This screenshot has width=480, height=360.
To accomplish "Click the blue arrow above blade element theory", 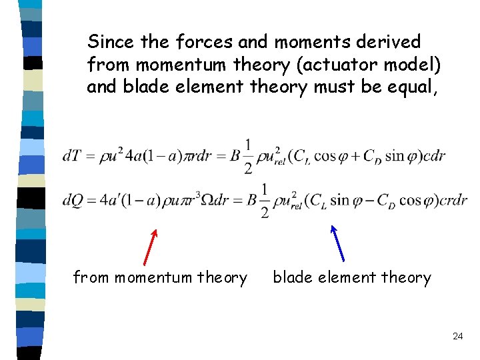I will (x=337, y=243).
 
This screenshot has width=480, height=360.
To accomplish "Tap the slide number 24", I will (x=457, y=337).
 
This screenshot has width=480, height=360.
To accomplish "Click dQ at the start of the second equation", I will (x=74, y=200).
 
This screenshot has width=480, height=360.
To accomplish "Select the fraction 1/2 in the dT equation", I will (x=247, y=156).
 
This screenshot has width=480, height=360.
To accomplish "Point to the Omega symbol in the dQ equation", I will (x=212, y=200).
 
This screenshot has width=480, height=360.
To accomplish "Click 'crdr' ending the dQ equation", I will (x=453, y=200).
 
